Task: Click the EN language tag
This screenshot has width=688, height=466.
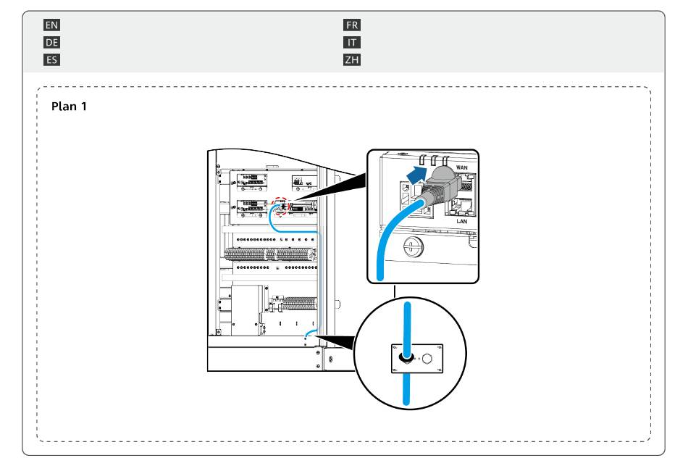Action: point(51,25)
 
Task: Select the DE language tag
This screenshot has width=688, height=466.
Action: point(51,43)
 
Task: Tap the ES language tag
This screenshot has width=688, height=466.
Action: point(51,59)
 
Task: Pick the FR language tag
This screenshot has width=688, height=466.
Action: point(352,25)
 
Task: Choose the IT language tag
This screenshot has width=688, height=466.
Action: point(352,43)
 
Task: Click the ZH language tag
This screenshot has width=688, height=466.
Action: point(352,59)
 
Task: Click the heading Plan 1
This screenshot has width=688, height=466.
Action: point(69,107)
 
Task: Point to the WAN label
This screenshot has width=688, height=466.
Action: point(461,167)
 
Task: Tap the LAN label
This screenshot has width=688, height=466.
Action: point(461,221)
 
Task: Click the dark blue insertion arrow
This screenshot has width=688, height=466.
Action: point(417,175)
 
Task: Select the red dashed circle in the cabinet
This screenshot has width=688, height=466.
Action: point(280,206)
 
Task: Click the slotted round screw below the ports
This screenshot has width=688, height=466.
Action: point(413,246)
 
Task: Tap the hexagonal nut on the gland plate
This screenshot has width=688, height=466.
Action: point(427,359)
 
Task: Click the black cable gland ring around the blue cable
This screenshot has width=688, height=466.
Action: point(406,357)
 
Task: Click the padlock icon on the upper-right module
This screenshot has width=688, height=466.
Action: point(298,180)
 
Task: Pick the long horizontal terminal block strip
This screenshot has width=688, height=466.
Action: point(270,254)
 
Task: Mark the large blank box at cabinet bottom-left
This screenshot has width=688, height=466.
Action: point(247,310)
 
